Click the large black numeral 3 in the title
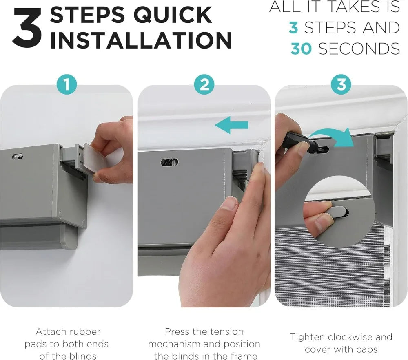(27, 28)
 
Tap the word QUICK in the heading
(173, 15)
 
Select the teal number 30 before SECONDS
(301, 49)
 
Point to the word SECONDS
(359, 49)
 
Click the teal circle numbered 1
(67, 84)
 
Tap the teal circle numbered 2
(204, 84)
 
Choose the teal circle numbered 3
(341, 84)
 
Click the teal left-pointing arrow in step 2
(232, 125)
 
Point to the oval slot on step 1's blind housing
(18, 157)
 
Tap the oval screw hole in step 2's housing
(169, 162)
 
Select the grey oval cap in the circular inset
(338, 212)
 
